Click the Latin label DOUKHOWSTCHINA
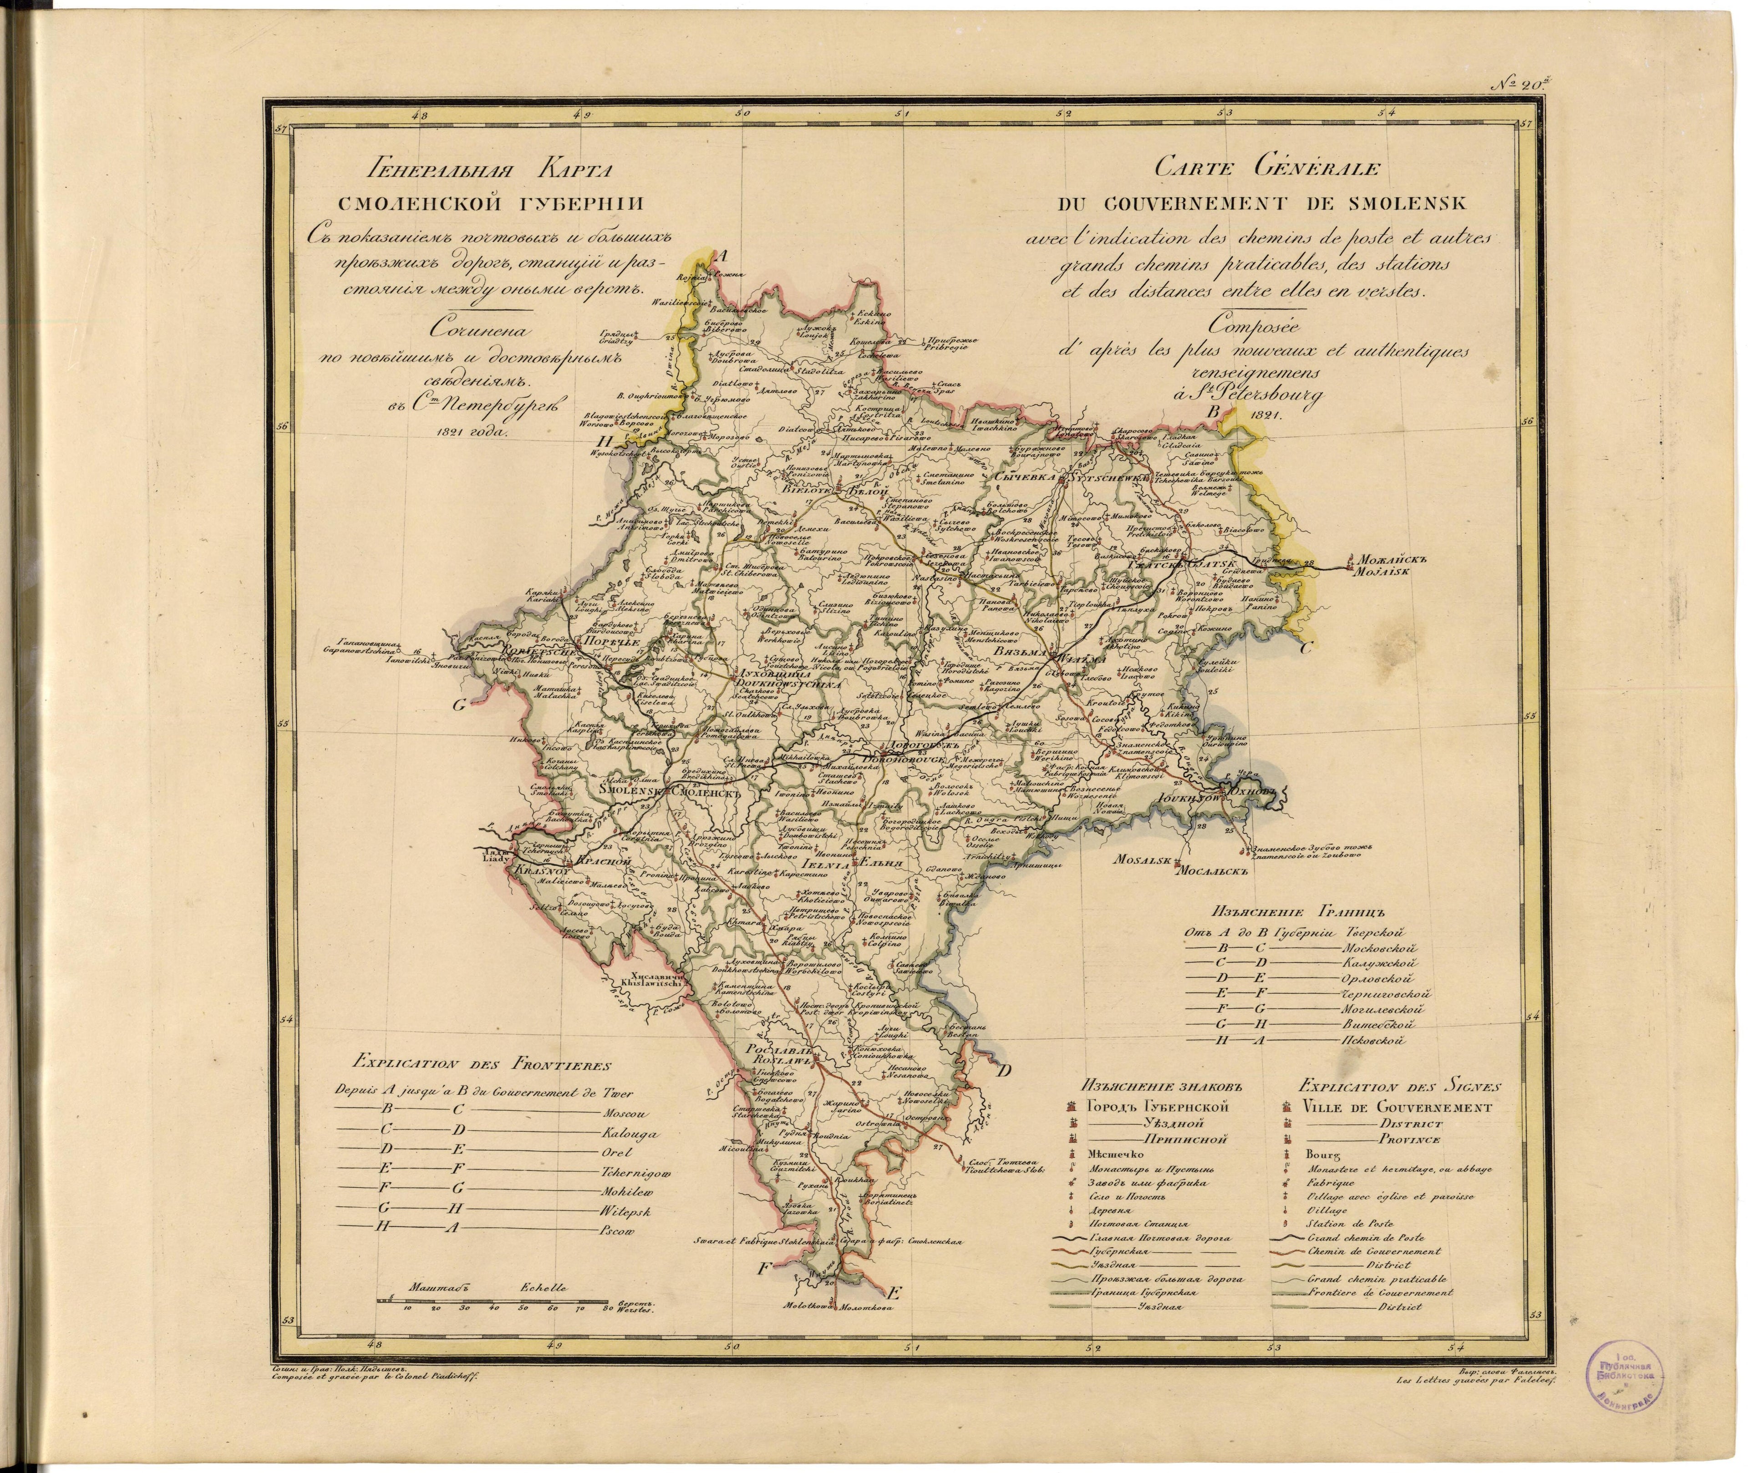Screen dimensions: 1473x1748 (777, 683)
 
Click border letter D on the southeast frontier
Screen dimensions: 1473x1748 (1006, 1071)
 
